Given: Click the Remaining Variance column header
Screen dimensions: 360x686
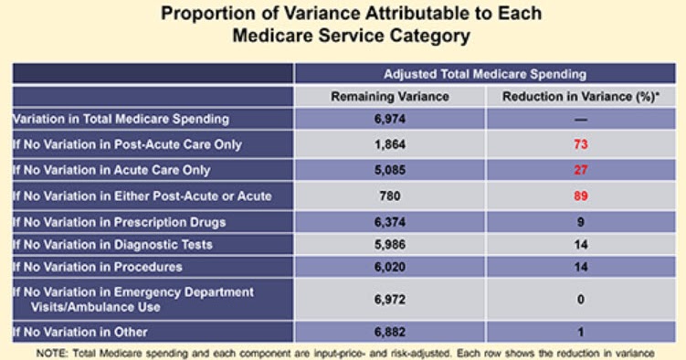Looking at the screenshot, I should coord(390,96).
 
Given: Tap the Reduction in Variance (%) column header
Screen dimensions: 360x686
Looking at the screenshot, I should coord(582,96).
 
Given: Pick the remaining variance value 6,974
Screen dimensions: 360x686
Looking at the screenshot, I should coord(390,119).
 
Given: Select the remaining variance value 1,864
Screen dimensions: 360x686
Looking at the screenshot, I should coord(390,144).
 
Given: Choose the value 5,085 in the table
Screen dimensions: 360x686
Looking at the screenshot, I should coord(390,169).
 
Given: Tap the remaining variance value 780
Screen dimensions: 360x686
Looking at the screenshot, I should coord(390,195).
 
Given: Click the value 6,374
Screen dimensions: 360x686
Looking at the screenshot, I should coord(390,221).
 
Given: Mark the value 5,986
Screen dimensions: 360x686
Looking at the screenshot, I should coord(390,244).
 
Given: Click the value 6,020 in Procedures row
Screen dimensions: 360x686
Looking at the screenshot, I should coord(390,267).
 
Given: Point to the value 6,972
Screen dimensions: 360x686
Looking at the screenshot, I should coord(390,300).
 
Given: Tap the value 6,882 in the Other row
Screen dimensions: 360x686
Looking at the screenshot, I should coord(390,331).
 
